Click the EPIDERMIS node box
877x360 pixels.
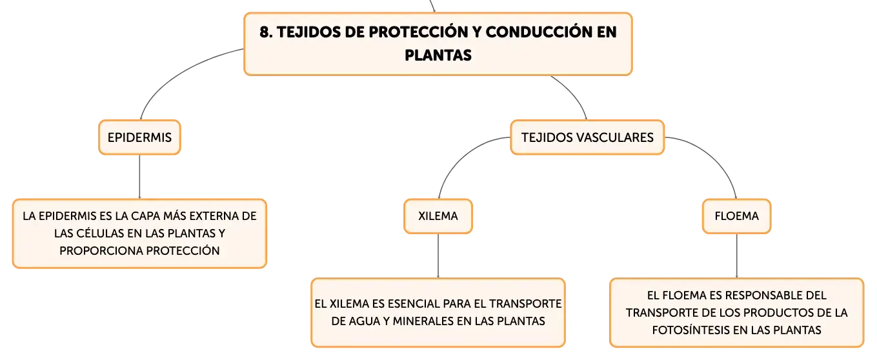139,137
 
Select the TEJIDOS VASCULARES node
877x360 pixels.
587,137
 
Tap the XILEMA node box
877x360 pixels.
438,216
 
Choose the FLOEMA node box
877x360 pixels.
736,216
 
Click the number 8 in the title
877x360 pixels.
265,32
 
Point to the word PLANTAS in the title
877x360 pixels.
438,55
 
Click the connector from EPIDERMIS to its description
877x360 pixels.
139,177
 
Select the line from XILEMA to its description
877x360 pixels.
438,256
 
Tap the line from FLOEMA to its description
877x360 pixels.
736,256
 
